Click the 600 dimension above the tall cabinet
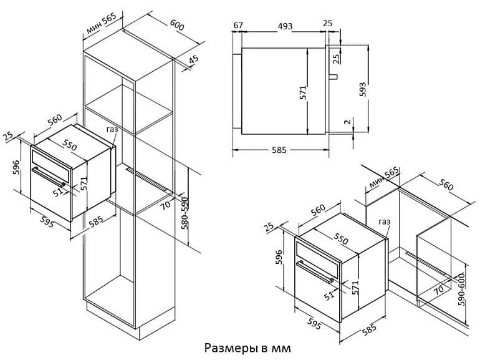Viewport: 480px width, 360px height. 177,25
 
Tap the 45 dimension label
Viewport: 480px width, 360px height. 193,59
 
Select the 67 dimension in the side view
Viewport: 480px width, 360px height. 238,25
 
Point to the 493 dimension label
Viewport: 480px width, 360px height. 285,26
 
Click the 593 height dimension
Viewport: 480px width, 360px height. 362,89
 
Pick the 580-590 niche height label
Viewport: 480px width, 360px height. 185,213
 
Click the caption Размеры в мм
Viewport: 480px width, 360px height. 247,348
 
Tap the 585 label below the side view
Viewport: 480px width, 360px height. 279,150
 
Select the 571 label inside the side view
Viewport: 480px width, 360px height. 303,92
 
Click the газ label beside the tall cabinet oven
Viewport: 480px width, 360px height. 112,130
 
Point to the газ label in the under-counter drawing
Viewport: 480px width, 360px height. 385,221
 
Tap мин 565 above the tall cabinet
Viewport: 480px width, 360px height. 102,23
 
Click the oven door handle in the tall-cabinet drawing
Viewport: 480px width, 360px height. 49,177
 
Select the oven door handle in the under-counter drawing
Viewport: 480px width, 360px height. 315,272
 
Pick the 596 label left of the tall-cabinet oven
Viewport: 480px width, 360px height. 17,167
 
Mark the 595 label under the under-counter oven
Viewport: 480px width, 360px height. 314,324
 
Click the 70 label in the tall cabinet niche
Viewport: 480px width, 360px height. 166,204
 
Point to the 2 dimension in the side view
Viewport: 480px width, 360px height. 347,122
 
